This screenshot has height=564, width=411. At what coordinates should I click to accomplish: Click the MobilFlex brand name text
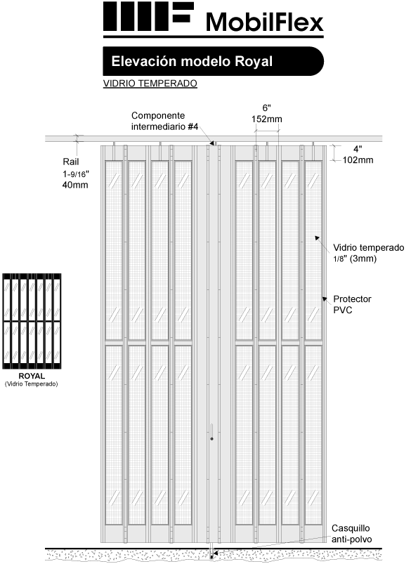265,22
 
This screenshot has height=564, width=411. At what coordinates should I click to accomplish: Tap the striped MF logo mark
148,16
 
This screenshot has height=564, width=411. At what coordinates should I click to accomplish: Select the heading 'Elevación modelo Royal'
192,62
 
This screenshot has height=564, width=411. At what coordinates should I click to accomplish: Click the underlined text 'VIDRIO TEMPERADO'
150,84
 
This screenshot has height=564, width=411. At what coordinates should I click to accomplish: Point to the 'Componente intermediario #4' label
164,122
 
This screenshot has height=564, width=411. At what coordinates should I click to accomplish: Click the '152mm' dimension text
267,119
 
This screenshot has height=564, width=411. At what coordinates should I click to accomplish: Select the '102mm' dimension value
358,160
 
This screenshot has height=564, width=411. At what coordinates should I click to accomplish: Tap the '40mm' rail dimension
75,185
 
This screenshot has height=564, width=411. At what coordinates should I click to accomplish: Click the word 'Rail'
70,162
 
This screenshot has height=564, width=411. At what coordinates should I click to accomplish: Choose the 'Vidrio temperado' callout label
369,247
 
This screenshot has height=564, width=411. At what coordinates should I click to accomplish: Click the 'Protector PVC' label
352,304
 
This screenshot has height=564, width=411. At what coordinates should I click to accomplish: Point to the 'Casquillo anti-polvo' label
351,534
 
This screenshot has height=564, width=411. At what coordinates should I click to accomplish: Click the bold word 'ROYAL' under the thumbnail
32,376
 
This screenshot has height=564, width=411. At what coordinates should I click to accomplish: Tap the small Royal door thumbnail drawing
32,321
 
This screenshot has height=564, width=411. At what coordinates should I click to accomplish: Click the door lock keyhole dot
211,439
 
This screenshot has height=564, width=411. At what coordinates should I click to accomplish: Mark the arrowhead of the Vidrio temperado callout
318,237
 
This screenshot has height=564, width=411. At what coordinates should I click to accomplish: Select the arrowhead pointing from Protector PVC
325,299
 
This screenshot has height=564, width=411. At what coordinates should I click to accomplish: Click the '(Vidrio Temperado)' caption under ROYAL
32,384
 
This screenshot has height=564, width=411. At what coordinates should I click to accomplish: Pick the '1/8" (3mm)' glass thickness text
355,258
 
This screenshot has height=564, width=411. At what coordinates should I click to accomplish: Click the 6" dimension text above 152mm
267,108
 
